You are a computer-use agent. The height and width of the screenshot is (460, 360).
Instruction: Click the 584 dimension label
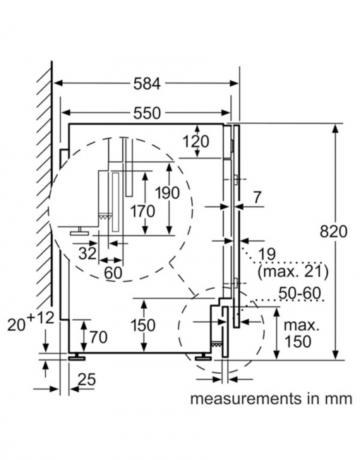[x=147, y=83]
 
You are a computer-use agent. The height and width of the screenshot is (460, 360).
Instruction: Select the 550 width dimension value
[x=147, y=113]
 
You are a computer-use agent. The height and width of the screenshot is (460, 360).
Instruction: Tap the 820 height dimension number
[x=333, y=232]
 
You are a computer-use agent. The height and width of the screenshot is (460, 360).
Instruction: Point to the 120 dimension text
[x=196, y=142]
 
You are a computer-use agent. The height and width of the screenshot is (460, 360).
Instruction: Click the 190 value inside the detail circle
[x=167, y=193]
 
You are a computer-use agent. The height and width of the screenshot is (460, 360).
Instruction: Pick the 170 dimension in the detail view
[x=143, y=211]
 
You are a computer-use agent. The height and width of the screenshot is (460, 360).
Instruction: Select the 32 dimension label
[x=88, y=254]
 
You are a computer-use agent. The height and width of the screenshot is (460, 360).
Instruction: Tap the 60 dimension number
[x=113, y=273]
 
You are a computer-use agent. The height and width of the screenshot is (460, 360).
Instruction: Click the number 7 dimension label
[x=257, y=198]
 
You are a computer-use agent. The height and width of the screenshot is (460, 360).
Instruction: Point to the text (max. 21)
[x=293, y=271]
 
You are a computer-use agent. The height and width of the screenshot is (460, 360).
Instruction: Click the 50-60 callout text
[x=299, y=293]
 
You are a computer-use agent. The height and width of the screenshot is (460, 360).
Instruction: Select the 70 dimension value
[x=99, y=337]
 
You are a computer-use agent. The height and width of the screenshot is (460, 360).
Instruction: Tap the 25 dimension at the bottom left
[x=87, y=379]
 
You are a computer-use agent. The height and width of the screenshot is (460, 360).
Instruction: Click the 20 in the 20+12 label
[x=16, y=325]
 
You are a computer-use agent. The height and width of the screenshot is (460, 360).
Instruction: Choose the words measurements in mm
[x=271, y=399]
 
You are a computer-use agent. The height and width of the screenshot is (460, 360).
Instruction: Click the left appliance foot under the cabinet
[x=77, y=357]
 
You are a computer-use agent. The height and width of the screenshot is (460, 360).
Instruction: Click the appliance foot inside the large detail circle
[x=80, y=231]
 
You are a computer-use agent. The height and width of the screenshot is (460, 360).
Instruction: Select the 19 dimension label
[x=268, y=254]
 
